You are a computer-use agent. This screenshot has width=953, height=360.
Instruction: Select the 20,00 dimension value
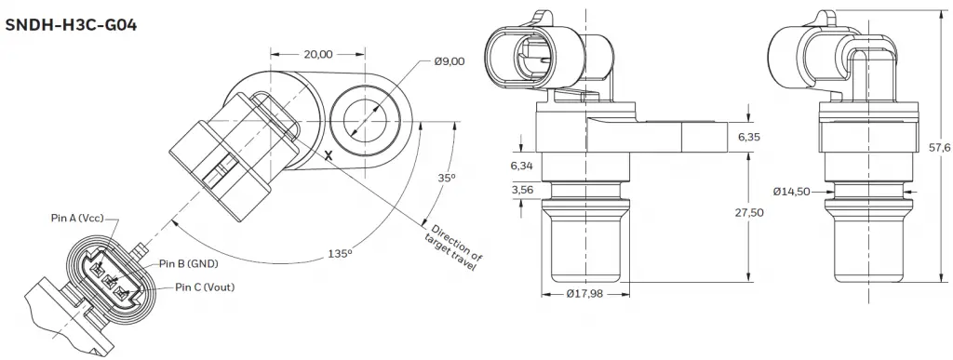[x=317, y=54]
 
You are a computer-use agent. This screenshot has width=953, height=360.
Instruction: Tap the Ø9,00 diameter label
[x=450, y=61]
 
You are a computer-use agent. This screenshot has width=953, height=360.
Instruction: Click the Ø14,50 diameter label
[x=791, y=192]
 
